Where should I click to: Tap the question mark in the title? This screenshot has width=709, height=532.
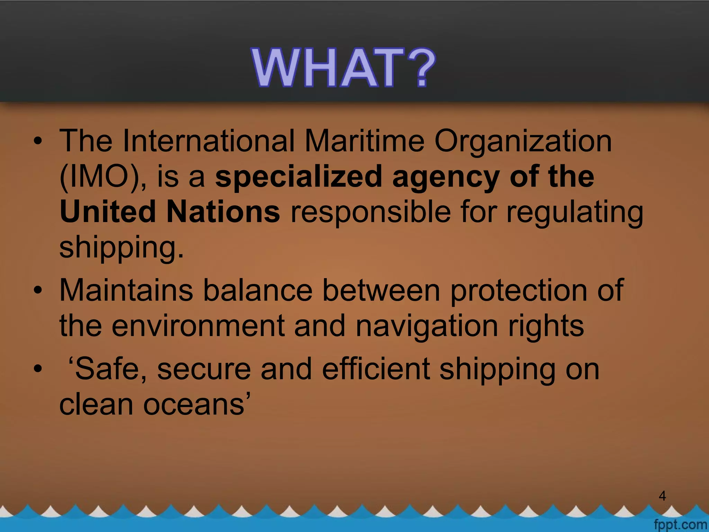(419, 67)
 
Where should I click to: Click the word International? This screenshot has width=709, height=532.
(208, 141)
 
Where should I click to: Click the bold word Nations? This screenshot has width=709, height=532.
(223, 212)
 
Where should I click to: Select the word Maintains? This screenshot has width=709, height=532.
(126, 290)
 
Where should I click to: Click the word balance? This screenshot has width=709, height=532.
(258, 290)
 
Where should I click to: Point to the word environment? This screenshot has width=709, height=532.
(198, 326)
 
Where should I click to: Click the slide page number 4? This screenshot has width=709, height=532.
(662, 496)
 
